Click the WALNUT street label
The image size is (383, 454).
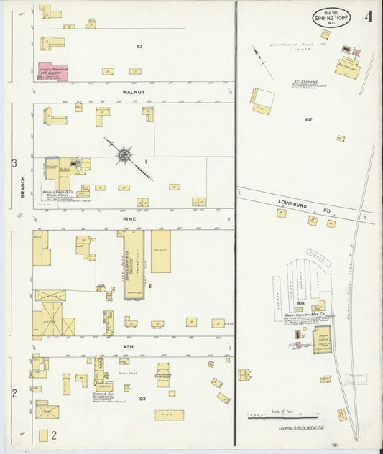134,93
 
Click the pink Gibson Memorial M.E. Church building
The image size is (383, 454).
53,72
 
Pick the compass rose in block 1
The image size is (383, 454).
124,154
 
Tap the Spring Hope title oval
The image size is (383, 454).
332,17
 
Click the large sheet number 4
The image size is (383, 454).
369,16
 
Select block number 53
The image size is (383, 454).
139,46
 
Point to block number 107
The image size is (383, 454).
308,119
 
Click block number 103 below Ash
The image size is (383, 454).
142,397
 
